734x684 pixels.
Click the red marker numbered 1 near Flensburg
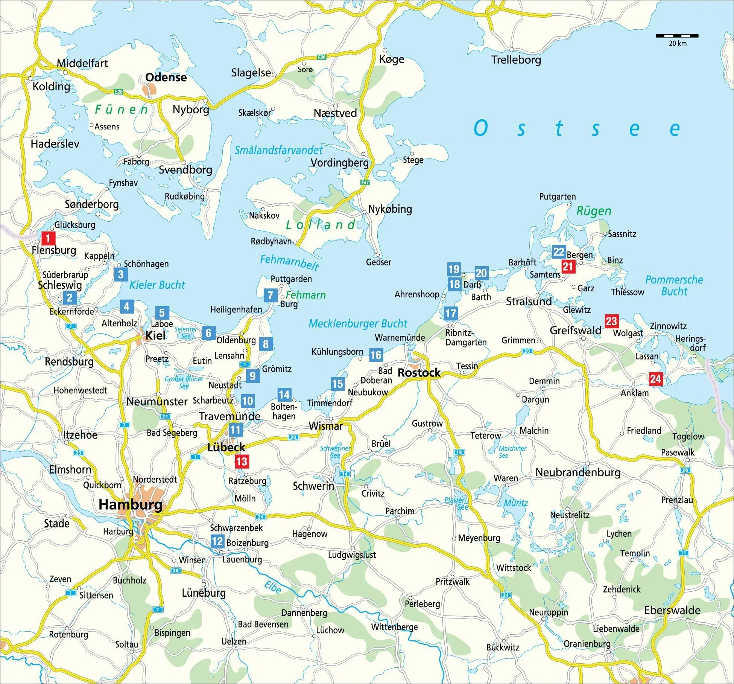48,238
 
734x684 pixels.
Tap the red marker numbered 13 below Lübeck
242,462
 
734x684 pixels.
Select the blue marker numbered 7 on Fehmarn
270,296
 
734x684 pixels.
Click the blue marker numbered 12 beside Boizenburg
217,541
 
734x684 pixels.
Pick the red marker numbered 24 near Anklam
655,378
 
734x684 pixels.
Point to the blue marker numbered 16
375,355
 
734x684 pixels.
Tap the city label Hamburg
131,504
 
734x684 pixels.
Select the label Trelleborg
516,59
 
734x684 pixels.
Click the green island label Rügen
594,211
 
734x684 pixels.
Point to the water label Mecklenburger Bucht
358,323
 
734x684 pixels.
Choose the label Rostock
419,373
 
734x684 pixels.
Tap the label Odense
166,77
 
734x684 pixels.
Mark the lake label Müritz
516,503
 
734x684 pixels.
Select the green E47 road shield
365,183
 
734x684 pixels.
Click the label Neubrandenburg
578,472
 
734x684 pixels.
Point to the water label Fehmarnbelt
289,262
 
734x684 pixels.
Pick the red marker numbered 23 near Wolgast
611,321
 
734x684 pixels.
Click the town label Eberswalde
672,610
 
